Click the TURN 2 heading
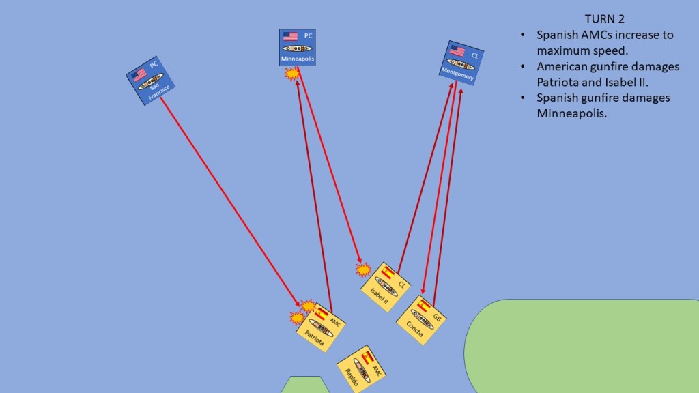[605, 18]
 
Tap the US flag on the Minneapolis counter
[290, 36]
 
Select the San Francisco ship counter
[150, 81]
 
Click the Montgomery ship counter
[461, 63]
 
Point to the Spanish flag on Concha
[423, 306]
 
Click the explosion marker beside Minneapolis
[292, 74]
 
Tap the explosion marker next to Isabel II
[363, 270]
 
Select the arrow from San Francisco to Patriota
[229, 201]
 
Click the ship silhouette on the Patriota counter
[321, 328]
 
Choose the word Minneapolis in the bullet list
[571, 113]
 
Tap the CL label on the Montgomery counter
[474, 56]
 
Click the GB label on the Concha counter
[437, 318]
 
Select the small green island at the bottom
[305, 385]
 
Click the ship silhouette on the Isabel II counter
[386, 287]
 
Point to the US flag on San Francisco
[139, 74]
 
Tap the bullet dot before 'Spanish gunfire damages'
[523, 98]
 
